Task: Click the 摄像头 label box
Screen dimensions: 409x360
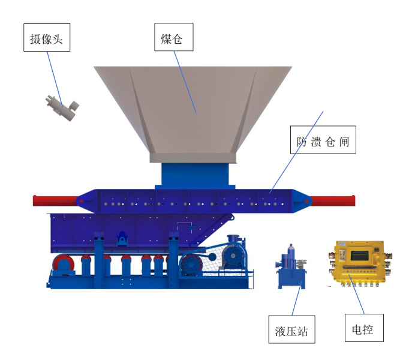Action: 47,37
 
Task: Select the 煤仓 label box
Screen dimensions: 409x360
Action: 174,37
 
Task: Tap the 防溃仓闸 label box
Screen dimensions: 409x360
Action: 323,140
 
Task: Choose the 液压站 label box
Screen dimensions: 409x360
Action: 291,329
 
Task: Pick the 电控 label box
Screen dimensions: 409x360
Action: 364,328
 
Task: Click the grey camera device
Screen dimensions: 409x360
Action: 62,108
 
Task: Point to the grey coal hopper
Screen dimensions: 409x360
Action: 193,115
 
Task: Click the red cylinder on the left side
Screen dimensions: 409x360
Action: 55,200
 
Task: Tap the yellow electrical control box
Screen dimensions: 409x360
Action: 359,263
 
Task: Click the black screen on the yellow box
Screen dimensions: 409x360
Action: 360,256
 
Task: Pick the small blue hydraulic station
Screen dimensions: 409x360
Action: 291,267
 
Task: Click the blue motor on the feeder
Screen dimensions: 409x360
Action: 234,252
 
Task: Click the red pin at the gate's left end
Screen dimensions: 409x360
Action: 81,201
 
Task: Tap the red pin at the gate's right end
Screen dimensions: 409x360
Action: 307,201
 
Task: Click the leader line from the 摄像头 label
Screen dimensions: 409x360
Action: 55,79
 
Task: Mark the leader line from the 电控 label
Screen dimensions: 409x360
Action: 356,294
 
